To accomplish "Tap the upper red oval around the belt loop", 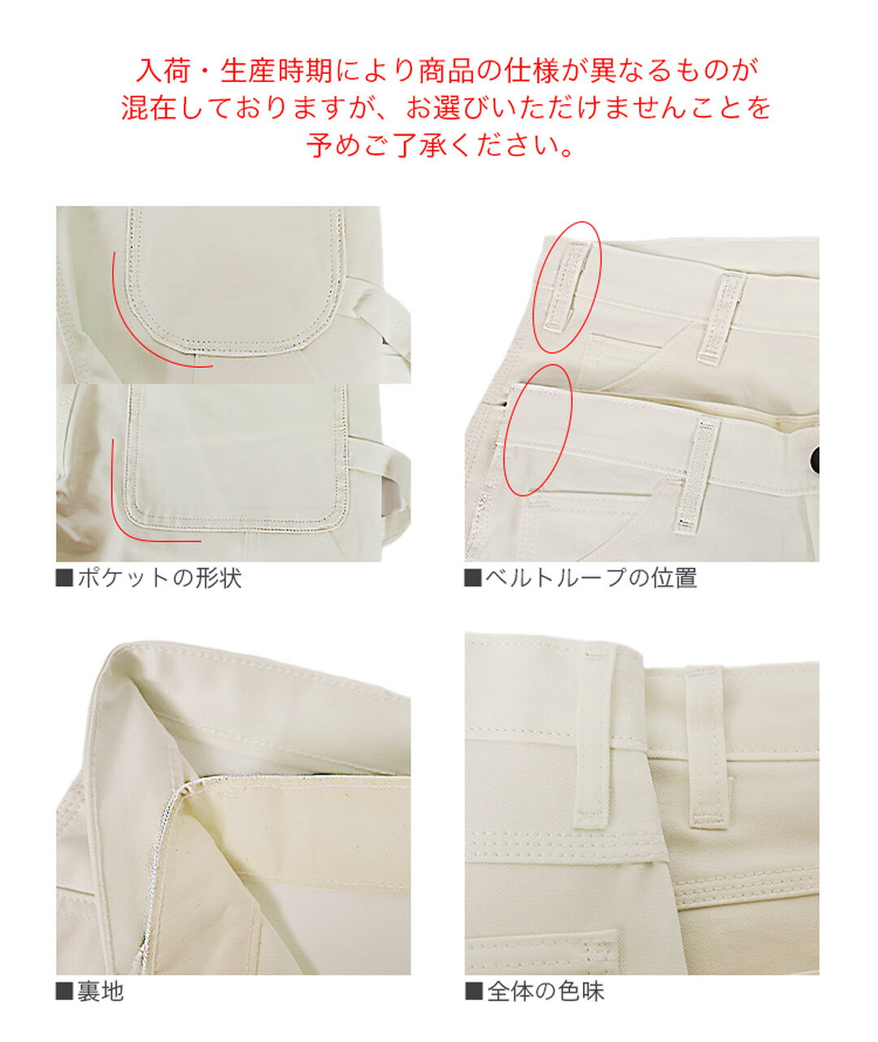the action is [567, 287].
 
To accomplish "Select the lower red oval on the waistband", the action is [538, 430].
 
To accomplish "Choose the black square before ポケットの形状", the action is [64, 580].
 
